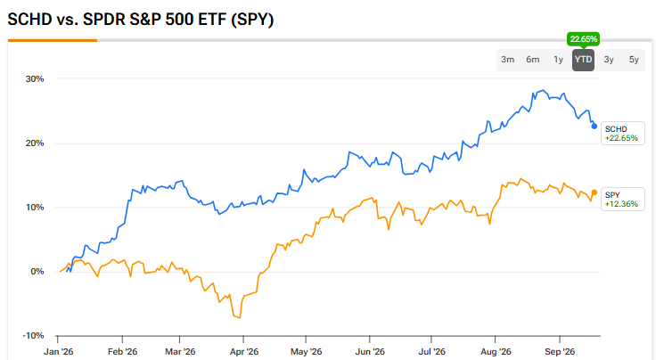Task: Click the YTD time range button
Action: (x=583, y=60)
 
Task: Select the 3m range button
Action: (x=507, y=60)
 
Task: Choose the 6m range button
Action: (x=533, y=60)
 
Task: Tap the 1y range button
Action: (x=558, y=60)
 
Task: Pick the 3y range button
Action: (x=609, y=60)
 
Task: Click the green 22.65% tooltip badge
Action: (x=584, y=39)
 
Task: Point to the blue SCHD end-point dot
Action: (x=594, y=127)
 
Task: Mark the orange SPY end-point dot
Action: (x=594, y=192)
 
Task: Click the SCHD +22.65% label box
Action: (x=622, y=134)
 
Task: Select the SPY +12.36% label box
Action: (x=622, y=200)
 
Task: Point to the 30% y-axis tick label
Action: (x=35, y=79)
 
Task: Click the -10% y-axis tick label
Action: (x=34, y=336)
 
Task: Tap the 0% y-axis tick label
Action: (x=37, y=272)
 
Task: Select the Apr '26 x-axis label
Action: (x=244, y=351)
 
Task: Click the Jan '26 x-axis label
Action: (x=59, y=351)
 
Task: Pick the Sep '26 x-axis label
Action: (x=560, y=351)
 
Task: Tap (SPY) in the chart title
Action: (x=252, y=20)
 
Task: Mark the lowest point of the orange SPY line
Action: (x=240, y=317)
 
